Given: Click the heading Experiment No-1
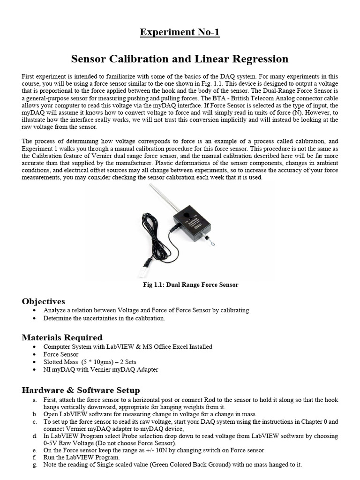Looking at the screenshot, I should [180, 32].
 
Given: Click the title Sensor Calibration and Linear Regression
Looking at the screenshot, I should [180, 59].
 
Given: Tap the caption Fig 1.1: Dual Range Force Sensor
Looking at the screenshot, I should [190, 285].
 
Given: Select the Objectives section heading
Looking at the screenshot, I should [44, 301].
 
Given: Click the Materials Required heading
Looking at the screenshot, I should [62, 337].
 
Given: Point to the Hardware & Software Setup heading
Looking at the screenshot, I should [81, 390].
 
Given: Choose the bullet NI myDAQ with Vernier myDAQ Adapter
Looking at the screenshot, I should [101, 369].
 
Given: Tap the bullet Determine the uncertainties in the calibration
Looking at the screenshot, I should [104, 318].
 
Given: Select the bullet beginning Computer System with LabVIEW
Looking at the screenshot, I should [127, 347].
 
